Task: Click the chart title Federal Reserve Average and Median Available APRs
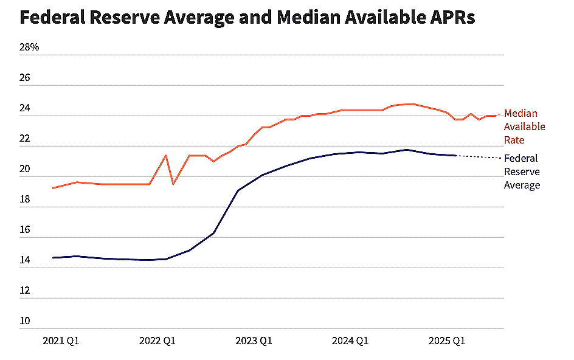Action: pyautogui.click(x=247, y=17)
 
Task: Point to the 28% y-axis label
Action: pyautogui.click(x=29, y=47)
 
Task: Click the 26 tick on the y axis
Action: pyautogui.click(x=26, y=78)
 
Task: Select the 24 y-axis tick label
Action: pyautogui.click(x=26, y=108)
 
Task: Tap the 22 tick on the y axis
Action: pyautogui.click(x=26, y=139)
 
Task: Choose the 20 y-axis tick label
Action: pyautogui.click(x=26, y=169)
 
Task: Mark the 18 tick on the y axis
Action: pyautogui.click(x=26, y=199)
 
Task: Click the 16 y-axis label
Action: pyautogui.click(x=26, y=230)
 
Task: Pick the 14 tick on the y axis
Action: pyautogui.click(x=26, y=260)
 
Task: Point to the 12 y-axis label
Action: pyautogui.click(x=26, y=291)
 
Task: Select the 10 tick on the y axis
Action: pyautogui.click(x=26, y=321)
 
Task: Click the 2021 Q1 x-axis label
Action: pyautogui.click(x=61, y=341)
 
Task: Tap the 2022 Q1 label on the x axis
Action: pyautogui.click(x=157, y=341)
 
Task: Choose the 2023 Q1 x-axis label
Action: pyautogui.click(x=254, y=341)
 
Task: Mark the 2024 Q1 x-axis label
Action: pyautogui.click(x=350, y=341)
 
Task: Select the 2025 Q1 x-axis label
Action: pyautogui.click(x=447, y=341)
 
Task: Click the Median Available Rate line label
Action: pyautogui.click(x=524, y=126)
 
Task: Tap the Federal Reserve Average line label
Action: pyautogui.click(x=522, y=171)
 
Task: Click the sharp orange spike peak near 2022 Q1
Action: pyautogui.click(x=165, y=155)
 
